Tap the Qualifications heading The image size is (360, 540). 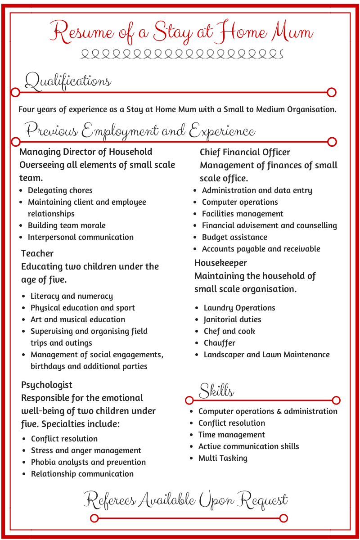tap(68, 81)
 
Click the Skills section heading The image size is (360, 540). tap(216, 391)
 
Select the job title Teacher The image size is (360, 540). tap(37, 253)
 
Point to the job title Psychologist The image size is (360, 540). tap(47, 385)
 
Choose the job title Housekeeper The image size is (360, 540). tap(220, 263)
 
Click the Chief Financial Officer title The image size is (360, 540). tap(245, 152)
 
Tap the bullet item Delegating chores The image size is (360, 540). tap(60, 190)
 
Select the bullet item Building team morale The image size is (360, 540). tap(67, 225)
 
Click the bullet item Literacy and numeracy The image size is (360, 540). tap(72, 296)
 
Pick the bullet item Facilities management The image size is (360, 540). tap(243, 214)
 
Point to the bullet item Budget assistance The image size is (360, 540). tap(234, 237)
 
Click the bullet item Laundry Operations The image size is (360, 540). tap(239, 308)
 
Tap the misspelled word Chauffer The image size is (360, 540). tap(220, 343)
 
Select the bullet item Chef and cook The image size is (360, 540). tap(229, 331)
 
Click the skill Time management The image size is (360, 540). tap(232, 435)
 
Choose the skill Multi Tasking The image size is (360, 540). tap(223, 458)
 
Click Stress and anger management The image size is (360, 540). tap(86, 450)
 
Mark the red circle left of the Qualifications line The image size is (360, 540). tap(15, 93)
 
